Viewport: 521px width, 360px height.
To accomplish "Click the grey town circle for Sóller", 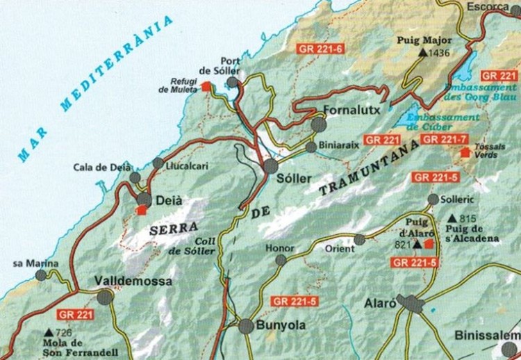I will click(x=271, y=166).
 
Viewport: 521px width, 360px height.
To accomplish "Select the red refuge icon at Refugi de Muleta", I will click(x=206, y=86).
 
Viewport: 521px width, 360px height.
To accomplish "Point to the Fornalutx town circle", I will click(x=319, y=124).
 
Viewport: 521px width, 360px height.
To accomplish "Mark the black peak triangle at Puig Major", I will click(x=423, y=52).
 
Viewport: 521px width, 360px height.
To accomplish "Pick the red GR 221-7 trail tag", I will click(x=445, y=140).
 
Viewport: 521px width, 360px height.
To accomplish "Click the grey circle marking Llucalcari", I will click(x=158, y=163).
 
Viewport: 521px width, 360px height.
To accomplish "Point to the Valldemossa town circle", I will click(x=105, y=297).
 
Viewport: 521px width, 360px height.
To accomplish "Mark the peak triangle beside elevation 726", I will click(x=49, y=333).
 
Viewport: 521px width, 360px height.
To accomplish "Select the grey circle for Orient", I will click(x=359, y=240).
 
